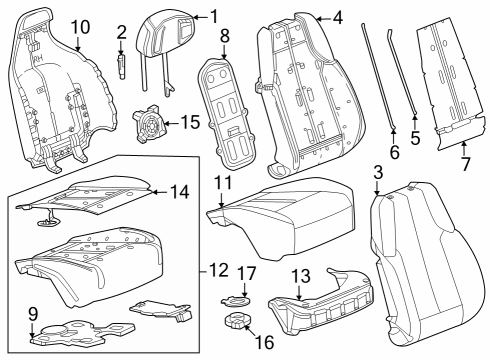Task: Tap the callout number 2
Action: coord(121,34)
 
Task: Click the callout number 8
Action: coord(225,37)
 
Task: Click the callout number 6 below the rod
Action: coord(394,152)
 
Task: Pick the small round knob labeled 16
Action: coord(239,324)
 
